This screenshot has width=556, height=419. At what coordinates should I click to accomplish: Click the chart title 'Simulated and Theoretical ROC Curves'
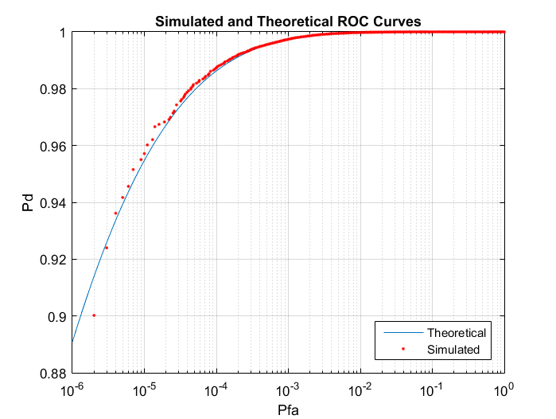tap(288, 20)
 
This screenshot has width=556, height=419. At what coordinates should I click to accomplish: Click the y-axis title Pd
tap(28, 203)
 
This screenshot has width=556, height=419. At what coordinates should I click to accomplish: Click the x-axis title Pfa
tap(288, 409)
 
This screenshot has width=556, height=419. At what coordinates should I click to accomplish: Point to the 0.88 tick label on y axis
tap(53, 374)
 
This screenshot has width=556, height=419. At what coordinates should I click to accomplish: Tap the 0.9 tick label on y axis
tap(56, 317)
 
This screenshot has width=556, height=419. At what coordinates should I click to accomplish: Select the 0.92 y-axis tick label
tap(53, 260)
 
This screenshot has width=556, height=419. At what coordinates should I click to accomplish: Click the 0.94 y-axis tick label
tap(53, 203)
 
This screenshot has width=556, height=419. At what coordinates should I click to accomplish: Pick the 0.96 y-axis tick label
tap(53, 146)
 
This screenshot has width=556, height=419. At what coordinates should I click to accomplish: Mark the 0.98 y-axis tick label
tap(53, 89)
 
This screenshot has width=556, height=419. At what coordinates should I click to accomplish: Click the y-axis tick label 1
tap(62, 33)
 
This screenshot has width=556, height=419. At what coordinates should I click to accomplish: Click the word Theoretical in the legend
tap(456, 332)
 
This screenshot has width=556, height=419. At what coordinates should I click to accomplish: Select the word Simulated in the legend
tap(453, 349)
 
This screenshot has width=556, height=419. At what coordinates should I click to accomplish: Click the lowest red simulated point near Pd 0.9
tap(94, 315)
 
